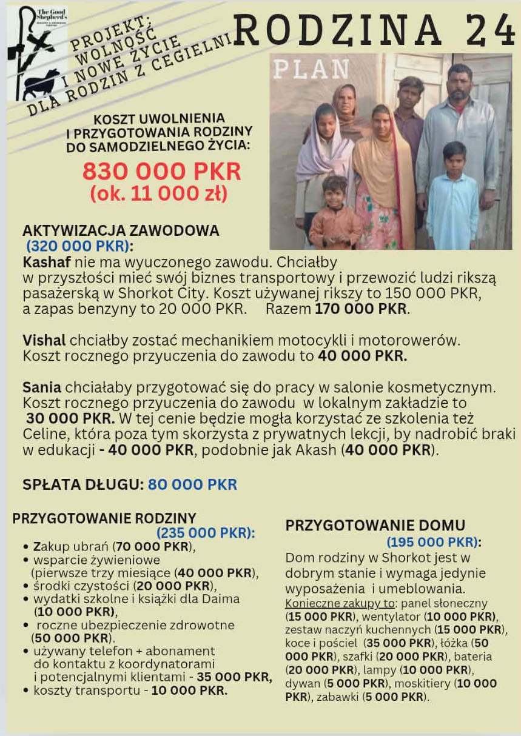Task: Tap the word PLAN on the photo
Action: [x=311, y=70]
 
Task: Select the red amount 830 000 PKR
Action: [x=161, y=172]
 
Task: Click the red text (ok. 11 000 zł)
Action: [x=159, y=194]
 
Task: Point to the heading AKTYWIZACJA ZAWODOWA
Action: [x=121, y=231]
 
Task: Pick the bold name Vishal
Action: [x=44, y=340]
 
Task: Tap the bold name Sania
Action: [x=42, y=387]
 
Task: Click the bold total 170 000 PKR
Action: [x=362, y=309]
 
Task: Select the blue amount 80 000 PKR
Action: [x=192, y=484]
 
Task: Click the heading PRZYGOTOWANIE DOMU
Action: [x=375, y=526]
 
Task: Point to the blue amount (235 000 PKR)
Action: [x=206, y=533]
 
